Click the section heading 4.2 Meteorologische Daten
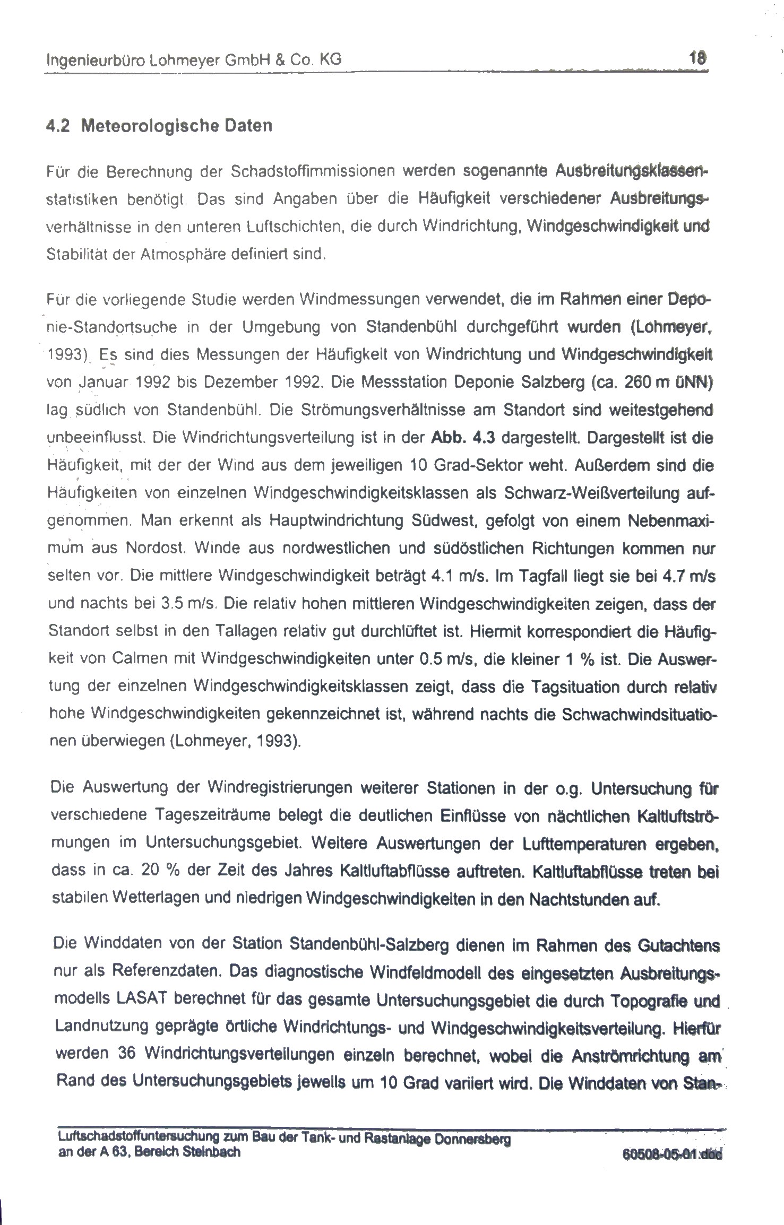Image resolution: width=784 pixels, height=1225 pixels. pos(159,126)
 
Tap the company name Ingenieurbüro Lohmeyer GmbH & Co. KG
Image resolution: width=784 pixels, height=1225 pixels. pos(194,60)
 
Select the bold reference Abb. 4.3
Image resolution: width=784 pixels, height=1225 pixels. pos(464,438)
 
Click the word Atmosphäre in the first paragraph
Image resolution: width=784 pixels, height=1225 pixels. pos(180,254)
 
